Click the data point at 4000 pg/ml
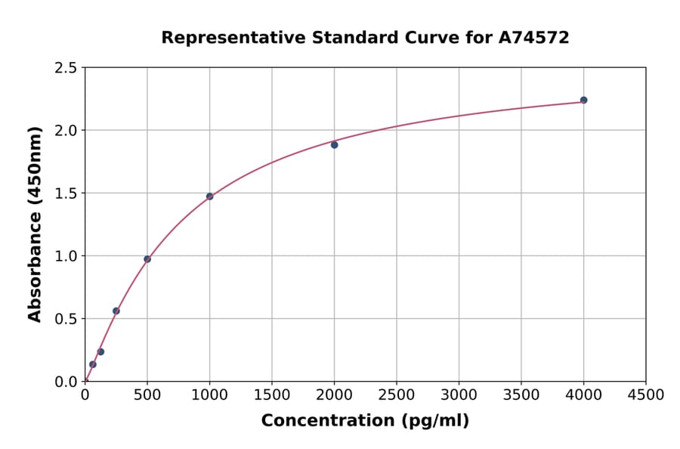(x=583, y=100)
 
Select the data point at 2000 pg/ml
(x=334, y=144)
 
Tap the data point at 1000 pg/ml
(x=209, y=197)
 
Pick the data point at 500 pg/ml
(x=147, y=259)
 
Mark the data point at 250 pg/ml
(x=116, y=311)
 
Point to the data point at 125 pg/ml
(x=100, y=351)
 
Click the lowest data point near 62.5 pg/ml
(x=93, y=364)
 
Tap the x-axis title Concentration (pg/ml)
(x=365, y=420)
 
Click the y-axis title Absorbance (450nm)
(x=35, y=224)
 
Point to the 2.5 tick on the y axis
(x=66, y=68)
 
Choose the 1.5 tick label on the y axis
(x=66, y=194)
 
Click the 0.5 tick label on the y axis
(x=66, y=319)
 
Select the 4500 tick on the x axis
(x=646, y=395)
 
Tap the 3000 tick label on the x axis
(x=459, y=395)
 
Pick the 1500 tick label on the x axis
(x=272, y=395)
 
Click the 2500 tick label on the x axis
(x=397, y=395)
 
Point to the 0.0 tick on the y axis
(x=66, y=382)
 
